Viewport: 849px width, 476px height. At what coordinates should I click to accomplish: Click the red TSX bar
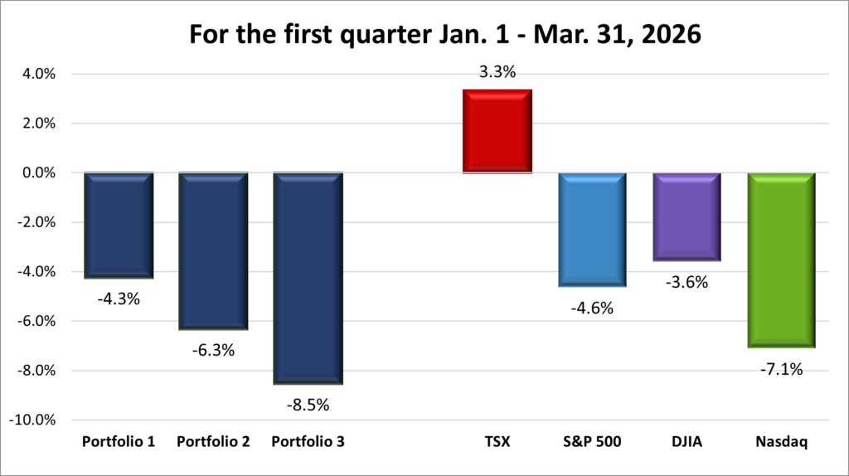(x=497, y=131)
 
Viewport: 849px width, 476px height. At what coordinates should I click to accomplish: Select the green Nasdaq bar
(x=781, y=260)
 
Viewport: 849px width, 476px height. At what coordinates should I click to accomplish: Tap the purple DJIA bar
(x=686, y=216)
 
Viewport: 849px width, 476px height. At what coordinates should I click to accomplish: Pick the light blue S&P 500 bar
(x=592, y=229)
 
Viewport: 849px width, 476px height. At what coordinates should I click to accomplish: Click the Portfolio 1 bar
(x=119, y=225)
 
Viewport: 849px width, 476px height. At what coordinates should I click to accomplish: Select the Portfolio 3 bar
(x=308, y=278)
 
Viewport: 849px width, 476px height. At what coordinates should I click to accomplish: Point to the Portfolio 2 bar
(x=213, y=250)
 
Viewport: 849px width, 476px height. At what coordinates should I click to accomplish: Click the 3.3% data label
(x=497, y=72)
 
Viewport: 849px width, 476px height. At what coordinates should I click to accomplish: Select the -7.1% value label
(x=781, y=369)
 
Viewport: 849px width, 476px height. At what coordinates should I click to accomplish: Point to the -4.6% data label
(x=592, y=308)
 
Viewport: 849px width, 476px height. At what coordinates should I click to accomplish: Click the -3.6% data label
(x=686, y=282)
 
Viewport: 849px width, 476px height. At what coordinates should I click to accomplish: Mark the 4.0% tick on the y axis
(x=37, y=74)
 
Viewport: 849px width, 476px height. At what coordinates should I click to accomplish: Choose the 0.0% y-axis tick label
(x=37, y=172)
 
